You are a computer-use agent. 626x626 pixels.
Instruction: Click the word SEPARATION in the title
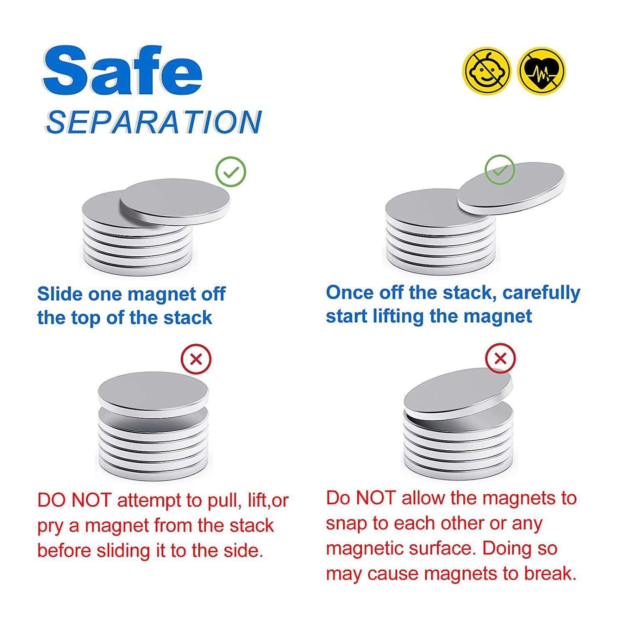click(154, 122)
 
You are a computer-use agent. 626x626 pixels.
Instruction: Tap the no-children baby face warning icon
click(487, 71)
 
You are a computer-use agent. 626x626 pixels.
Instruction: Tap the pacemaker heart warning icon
click(541, 71)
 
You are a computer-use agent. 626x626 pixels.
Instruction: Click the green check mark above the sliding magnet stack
click(231, 172)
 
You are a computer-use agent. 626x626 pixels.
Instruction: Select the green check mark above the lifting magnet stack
click(500, 170)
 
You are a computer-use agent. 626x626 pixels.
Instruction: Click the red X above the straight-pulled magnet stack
click(196, 359)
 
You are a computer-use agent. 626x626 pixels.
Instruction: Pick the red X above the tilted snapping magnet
click(500, 358)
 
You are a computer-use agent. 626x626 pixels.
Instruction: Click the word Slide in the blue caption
click(60, 294)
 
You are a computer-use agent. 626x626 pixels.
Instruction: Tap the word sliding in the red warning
click(124, 551)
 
